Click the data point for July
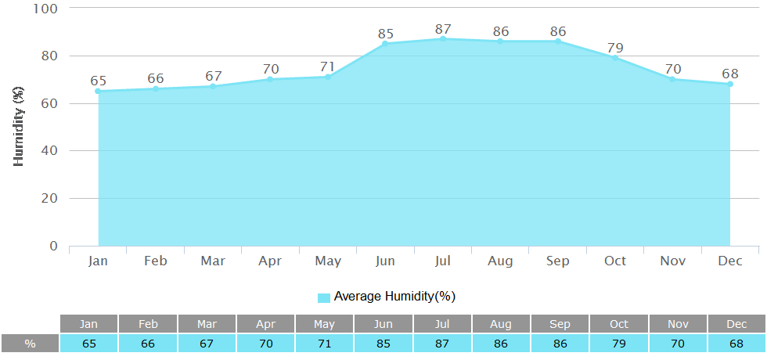coord(443,39)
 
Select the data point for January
coord(98,92)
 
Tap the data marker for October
coord(615,58)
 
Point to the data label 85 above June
coord(385,34)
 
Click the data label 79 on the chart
coord(615,49)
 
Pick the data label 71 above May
coord(328,67)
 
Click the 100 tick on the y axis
coord(45,9)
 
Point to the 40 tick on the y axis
coord(49,151)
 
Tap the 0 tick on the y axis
coord(53,246)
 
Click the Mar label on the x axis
coord(213,261)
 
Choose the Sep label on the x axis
coord(558,261)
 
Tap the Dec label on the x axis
coord(730,261)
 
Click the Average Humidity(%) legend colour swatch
coord(324,297)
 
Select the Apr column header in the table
coord(265,324)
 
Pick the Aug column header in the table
coord(501,324)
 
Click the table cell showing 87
coord(442,344)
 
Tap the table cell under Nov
coord(677,344)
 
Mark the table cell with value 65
coord(89,344)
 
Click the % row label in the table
coord(30,344)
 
